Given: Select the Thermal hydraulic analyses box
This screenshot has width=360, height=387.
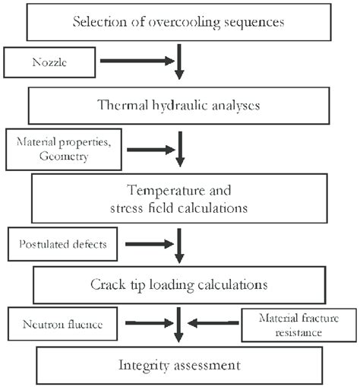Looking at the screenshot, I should [x=179, y=104].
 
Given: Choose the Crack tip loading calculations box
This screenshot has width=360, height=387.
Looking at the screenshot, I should [x=179, y=285].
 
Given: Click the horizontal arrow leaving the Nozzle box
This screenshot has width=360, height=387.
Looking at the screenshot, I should [x=137, y=60].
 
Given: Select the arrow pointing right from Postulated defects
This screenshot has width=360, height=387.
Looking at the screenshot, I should [x=148, y=244].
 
